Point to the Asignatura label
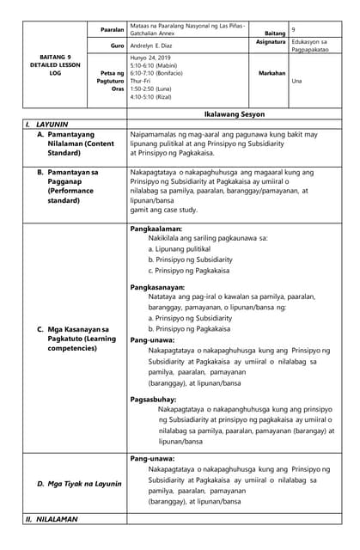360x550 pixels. tap(271, 41)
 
